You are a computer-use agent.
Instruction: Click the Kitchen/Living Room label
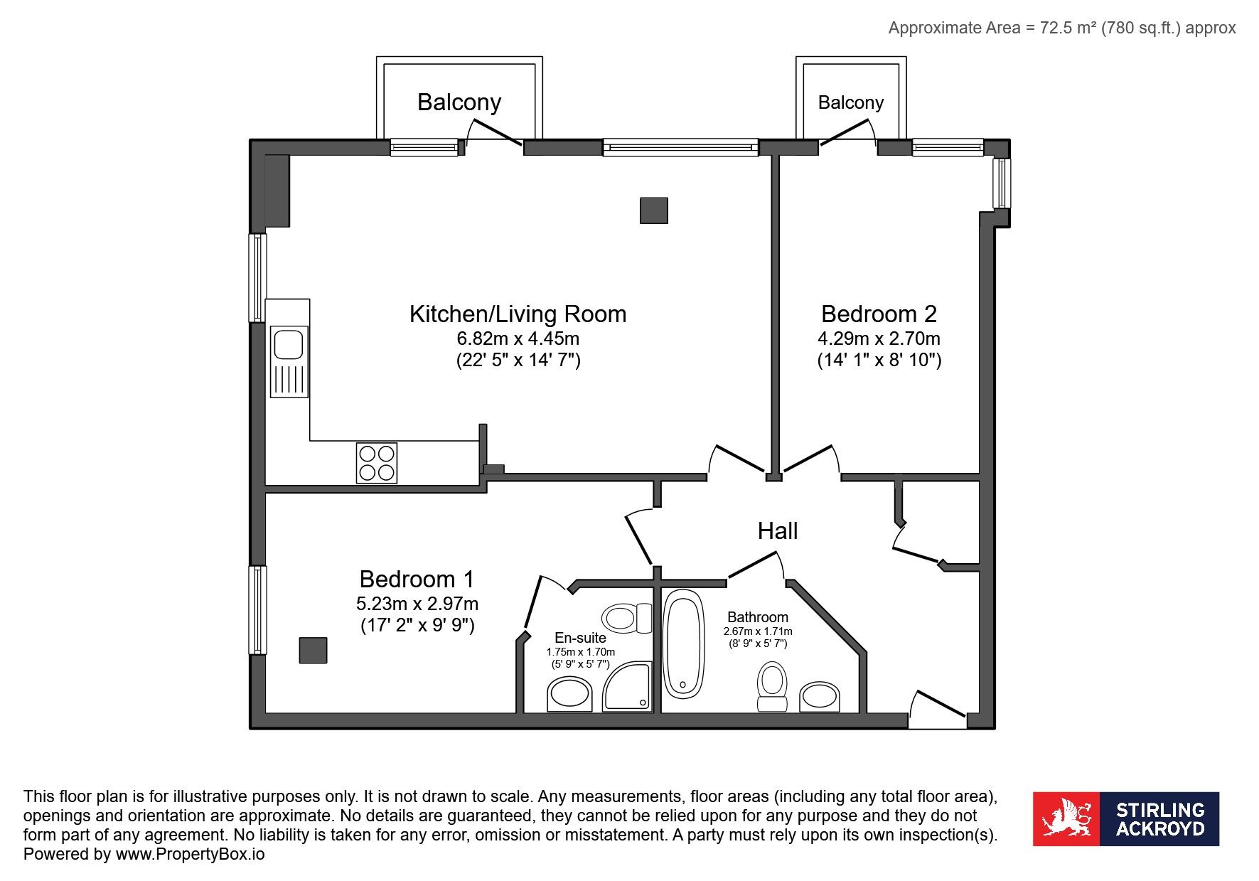click(x=518, y=314)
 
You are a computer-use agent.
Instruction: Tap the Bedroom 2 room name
click(x=879, y=314)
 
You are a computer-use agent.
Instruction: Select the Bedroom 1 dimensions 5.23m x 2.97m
click(x=417, y=604)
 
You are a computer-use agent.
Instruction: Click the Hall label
click(x=778, y=530)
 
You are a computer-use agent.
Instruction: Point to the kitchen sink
click(x=289, y=361)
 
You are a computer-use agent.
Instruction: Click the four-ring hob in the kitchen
click(x=377, y=463)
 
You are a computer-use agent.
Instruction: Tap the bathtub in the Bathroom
click(x=684, y=644)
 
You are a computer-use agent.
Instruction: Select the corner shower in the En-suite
click(x=627, y=687)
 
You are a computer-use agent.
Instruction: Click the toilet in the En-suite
click(x=627, y=618)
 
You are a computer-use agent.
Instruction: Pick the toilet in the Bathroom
click(x=772, y=687)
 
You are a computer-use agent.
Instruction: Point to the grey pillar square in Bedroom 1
click(x=313, y=650)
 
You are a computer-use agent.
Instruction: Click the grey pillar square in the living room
click(x=654, y=210)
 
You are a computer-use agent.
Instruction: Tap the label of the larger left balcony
click(x=459, y=102)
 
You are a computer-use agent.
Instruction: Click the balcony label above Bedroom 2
click(x=851, y=102)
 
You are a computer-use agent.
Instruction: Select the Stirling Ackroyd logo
click(x=1126, y=818)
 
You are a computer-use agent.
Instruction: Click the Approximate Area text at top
click(x=1062, y=28)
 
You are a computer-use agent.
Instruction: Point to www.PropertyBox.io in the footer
click(x=191, y=854)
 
